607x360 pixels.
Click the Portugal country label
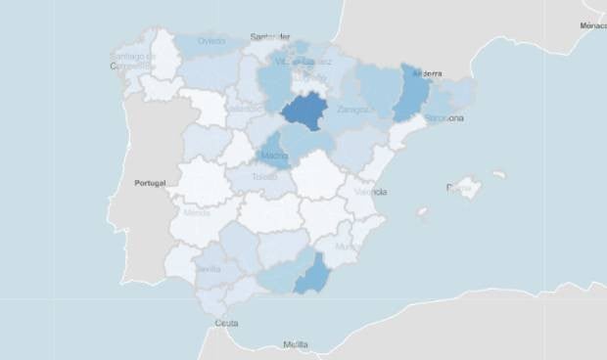pos(151,183)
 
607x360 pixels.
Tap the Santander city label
pos(270,37)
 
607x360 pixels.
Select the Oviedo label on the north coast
pos(210,41)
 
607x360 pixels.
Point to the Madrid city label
pos(275,155)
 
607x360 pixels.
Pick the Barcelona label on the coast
pos(443,118)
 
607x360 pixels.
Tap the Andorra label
pos(428,73)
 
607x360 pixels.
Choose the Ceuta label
pos(226,323)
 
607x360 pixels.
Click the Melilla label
pos(295,344)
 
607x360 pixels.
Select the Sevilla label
pos(208,269)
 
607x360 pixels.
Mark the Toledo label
pos(265,178)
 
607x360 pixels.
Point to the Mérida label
pos(196,211)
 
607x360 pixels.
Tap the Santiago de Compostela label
pos(134,62)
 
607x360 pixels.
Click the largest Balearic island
pos(466,187)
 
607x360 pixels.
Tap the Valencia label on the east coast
pos(371,192)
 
